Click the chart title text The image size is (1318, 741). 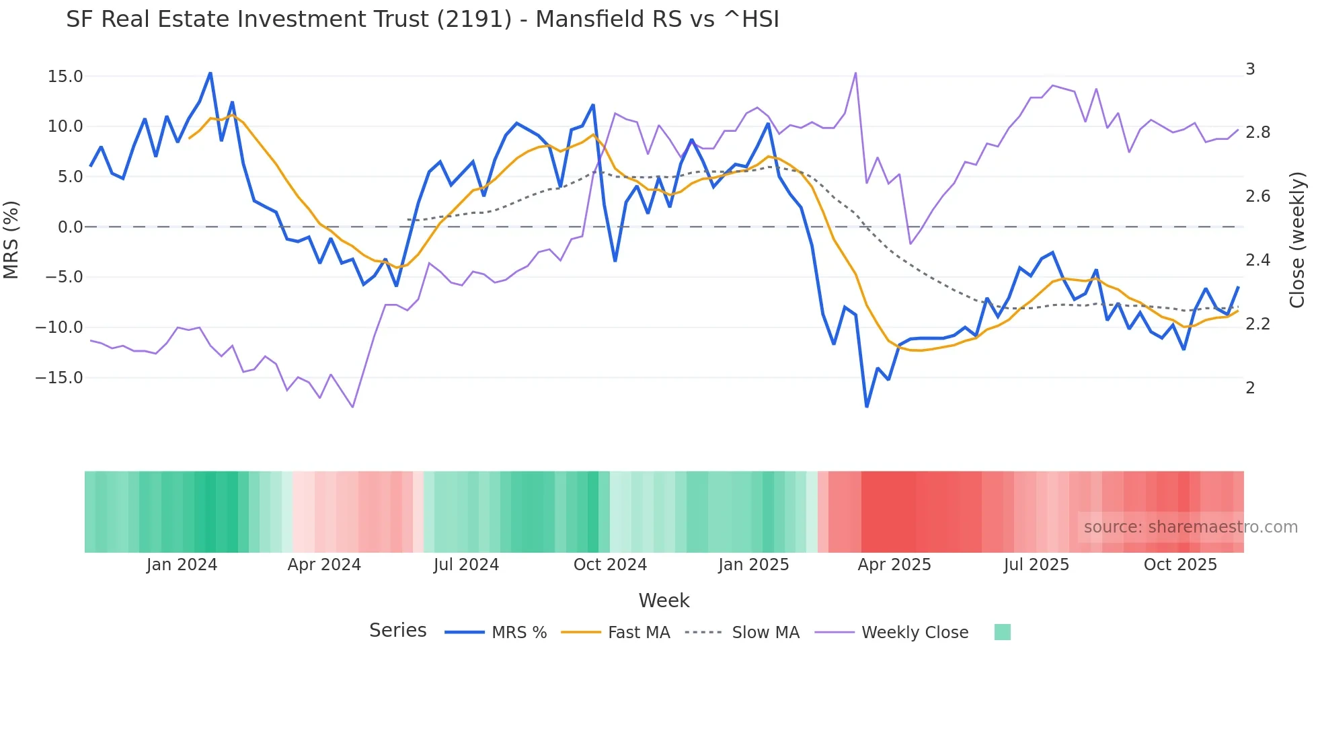coord(422,19)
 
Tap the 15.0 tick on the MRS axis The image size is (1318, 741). coord(65,77)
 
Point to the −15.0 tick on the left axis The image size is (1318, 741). coord(59,378)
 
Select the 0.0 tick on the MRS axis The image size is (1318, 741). coord(70,227)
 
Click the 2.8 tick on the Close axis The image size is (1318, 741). coord(1257,132)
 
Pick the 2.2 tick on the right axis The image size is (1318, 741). coord(1257,324)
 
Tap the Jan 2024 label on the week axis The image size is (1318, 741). coord(182,565)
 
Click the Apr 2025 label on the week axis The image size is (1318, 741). coord(894,565)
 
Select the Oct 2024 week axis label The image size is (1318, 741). coord(610,565)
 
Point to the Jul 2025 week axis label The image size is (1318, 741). coord(1036,565)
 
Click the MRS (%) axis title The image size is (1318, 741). coord(11,239)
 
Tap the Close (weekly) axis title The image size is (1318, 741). coord(1297,239)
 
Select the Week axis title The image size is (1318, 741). coord(664,600)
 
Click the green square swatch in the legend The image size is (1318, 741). coord(1002,632)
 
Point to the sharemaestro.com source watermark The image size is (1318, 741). coord(1190,527)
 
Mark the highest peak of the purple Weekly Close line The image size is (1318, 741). coord(855,73)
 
